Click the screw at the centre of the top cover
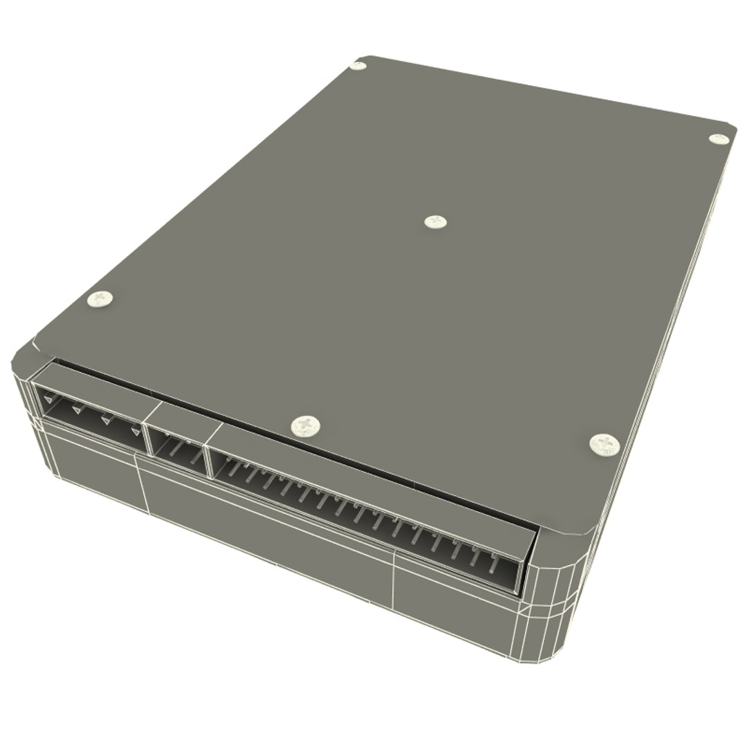pyautogui.click(x=435, y=221)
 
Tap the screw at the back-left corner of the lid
pyautogui.click(x=358, y=66)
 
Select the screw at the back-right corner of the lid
pyautogui.click(x=719, y=138)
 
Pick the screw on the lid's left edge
pyautogui.click(x=100, y=299)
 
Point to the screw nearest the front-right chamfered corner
pyautogui.click(x=605, y=444)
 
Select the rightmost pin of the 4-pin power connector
pyautogui.click(x=136, y=432)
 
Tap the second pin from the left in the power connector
pyautogui.click(x=76, y=409)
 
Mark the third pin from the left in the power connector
pyautogui.click(x=107, y=420)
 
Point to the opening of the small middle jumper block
pyautogui.click(x=178, y=454)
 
